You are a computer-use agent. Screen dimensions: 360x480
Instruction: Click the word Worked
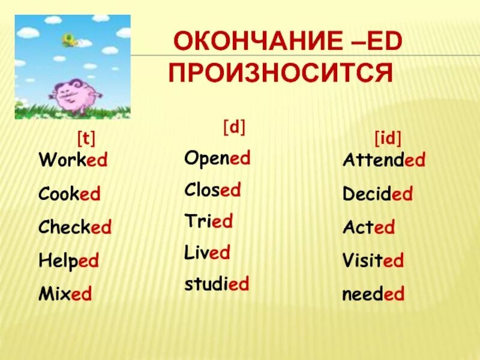click(73, 161)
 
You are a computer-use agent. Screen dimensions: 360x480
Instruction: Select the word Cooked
click(70, 194)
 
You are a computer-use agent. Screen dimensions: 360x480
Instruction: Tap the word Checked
click(75, 228)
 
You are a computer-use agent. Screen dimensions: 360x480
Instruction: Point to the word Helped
click(69, 261)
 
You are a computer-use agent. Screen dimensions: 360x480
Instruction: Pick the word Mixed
click(65, 295)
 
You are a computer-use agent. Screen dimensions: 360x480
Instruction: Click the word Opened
click(217, 159)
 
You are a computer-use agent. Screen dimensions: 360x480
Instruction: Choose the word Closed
click(212, 191)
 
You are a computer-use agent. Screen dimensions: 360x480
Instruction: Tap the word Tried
click(208, 221)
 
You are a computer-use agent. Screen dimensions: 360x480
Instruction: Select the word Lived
click(207, 252)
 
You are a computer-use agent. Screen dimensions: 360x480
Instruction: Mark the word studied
click(217, 284)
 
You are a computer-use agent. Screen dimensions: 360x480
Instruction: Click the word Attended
click(384, 161)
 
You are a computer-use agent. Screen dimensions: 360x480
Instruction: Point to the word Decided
click(377, 194)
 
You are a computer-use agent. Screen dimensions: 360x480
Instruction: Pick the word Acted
click(368, 228)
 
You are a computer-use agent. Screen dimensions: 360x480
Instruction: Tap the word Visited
click(373, 261)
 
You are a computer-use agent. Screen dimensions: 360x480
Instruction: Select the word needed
click(373, 295)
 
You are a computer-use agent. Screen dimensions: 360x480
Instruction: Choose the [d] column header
click(235, 127)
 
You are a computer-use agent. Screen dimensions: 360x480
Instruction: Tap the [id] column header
click(388, 139)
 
